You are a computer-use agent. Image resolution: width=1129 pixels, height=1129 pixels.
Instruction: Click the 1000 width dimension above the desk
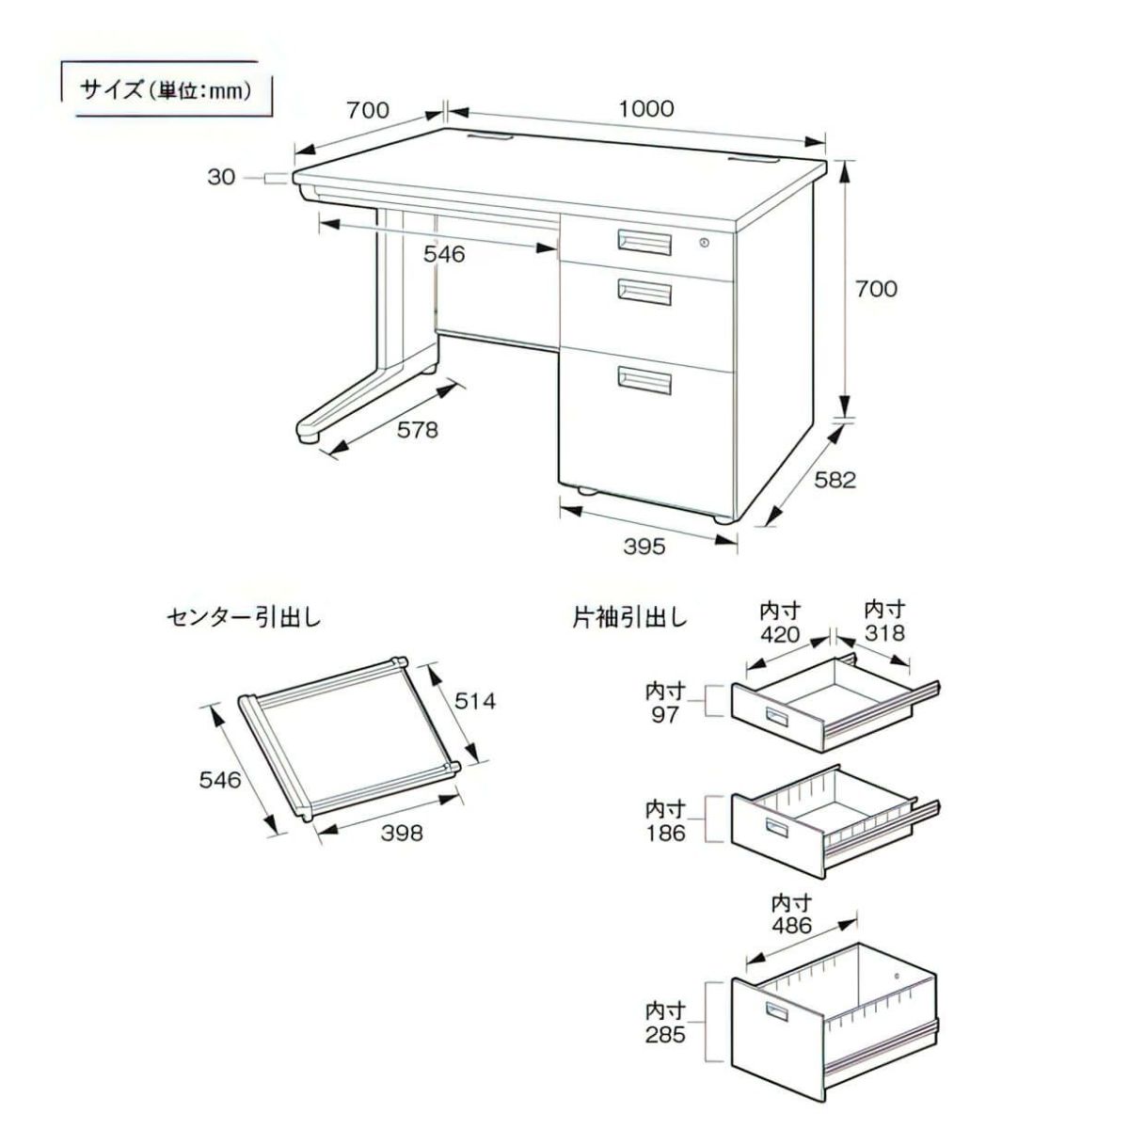[646, 109]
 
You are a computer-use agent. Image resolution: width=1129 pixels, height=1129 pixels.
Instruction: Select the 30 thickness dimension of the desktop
[221, 176]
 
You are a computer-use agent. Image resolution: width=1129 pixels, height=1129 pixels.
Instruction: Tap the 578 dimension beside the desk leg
[418, 430]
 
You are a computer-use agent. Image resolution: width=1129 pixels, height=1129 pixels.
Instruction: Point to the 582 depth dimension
[835, 480]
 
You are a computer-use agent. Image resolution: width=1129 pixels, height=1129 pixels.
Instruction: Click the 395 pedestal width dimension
[644, 547]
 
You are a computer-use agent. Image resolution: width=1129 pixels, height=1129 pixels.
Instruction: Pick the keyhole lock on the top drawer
[704, 244]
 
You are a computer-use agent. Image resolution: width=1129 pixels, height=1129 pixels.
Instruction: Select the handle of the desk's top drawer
[644, 242]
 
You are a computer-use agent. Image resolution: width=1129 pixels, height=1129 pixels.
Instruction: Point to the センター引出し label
[244, 618]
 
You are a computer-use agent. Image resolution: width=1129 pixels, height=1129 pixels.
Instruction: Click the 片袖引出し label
[630, 618]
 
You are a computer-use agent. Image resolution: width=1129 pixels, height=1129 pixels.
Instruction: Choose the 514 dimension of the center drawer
[474, 701]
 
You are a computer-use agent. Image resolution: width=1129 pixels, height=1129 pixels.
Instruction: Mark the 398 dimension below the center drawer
[402, 833]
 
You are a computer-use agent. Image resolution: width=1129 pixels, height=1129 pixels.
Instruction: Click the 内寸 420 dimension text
[780, 623]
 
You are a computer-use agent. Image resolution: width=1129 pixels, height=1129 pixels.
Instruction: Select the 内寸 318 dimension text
[884, 621]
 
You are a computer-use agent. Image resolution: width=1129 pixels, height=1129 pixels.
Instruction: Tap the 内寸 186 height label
[665, 820]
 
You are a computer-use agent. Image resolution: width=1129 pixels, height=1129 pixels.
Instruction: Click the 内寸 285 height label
[665, 1023]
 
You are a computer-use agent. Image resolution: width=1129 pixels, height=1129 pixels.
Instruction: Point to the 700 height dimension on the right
[876, 288]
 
